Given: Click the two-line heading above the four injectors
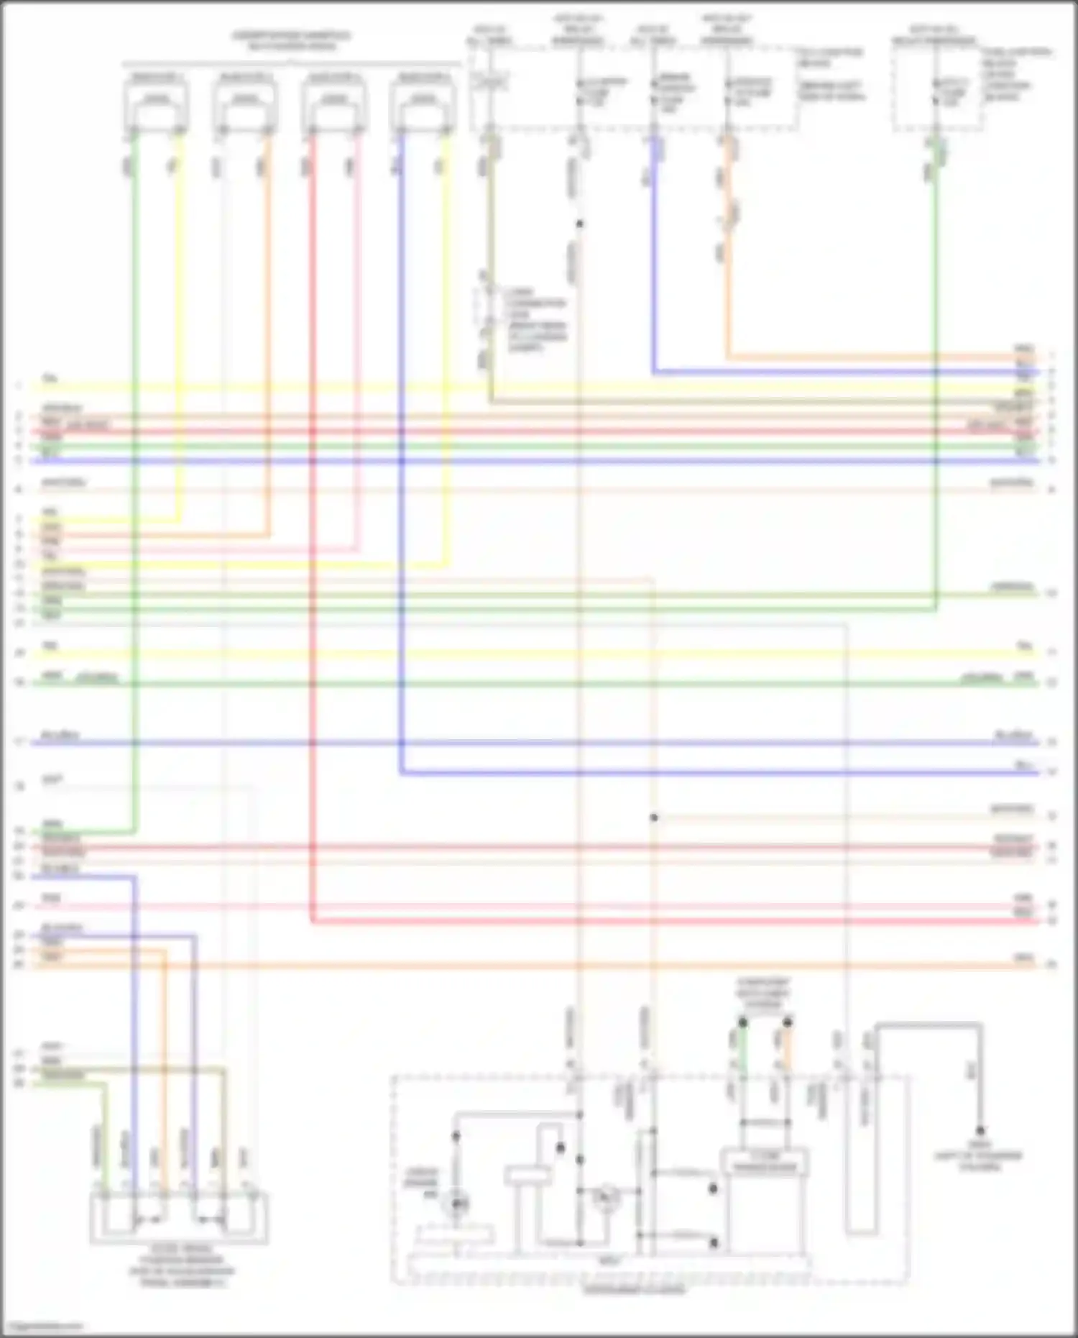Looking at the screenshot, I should click(x=291, y=41).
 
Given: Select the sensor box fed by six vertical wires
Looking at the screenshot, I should click(x=179, y=1219).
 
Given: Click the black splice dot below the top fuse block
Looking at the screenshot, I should click(x=579, y=224).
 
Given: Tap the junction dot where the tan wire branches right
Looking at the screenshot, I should click(x=654, y=817).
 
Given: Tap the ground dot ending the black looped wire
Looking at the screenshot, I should click(x=980, y=1131).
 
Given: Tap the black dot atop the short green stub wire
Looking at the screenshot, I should click(x=743, y=1022).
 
